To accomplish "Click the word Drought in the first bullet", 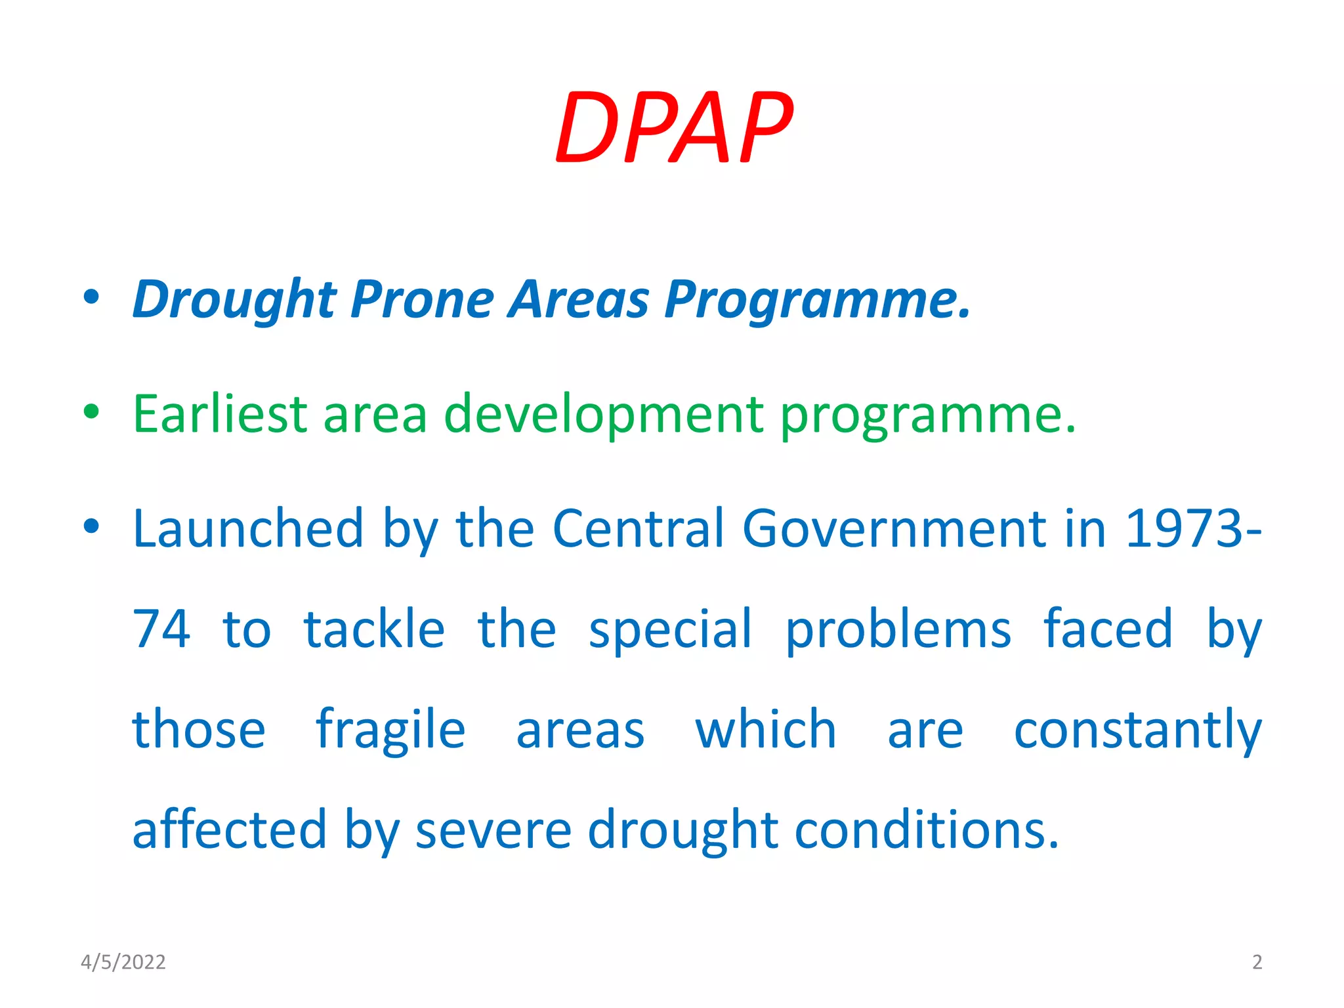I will (234, 299).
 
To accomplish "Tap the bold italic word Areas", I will (579, 299).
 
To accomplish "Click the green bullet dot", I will (91, 412).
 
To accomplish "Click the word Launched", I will (247, 528).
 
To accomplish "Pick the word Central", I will (639, 528).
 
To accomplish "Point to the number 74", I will (161, 629).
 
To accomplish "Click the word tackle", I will (374, 629).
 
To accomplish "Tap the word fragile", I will (390, 730).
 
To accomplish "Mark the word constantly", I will (1137, 730).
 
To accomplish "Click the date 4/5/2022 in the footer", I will (123, 962).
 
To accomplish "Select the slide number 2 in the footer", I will (1257, 962).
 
